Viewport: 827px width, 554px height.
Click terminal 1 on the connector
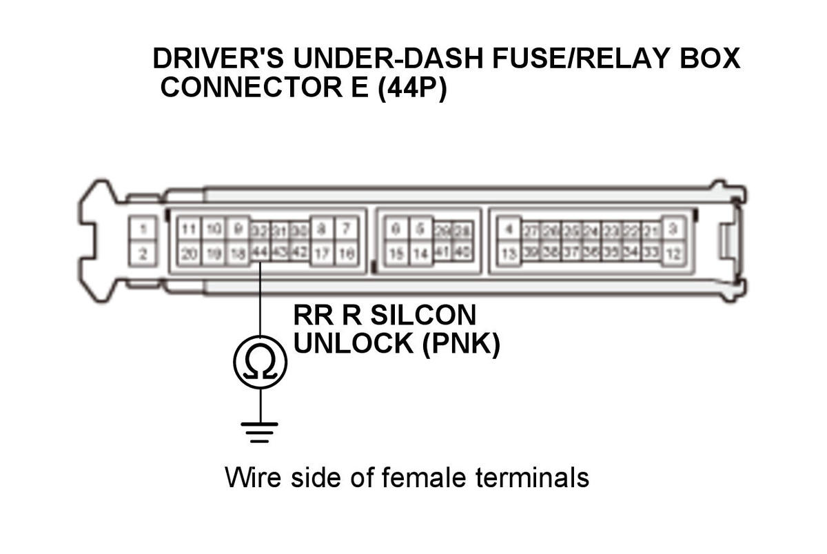[x=143, y=229]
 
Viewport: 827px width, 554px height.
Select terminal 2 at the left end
[x=143, y=254]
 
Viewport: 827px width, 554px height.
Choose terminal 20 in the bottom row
[x=189, y=254]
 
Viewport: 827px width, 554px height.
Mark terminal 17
[x=322, y=254]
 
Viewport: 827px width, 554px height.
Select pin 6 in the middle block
[x=396, y=228]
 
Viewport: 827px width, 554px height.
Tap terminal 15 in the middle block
[x=396, y=254]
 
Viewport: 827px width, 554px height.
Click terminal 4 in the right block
[x=509, y=229]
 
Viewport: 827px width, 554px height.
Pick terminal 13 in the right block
[x=509, y=254]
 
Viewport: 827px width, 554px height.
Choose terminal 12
[x=673, y=254]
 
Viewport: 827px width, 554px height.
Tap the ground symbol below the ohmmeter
[x=260, y=431]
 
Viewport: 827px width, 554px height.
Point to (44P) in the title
[x=412, y=88]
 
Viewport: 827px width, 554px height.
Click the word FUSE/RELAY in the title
[x=567, y=59]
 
